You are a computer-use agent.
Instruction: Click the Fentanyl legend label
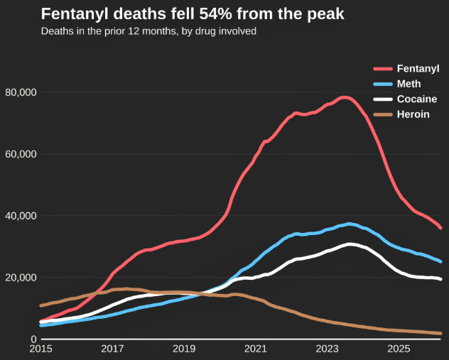coord(418,69)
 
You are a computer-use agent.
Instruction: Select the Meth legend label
coord(409,84)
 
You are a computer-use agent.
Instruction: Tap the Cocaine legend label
coord(417,99)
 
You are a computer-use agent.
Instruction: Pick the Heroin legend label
coord(413,114)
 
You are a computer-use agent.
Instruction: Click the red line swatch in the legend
coord(383,69)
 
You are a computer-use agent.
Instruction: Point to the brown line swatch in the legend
coord(383,114)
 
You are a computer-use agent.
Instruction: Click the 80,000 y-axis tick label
coord(21,92)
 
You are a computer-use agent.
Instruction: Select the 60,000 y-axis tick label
coord(21,154)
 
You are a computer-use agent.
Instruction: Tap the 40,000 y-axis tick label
coord(21,216)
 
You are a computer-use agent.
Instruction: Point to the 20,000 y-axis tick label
coord(21,278)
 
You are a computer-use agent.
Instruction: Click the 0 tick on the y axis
coord(34,339)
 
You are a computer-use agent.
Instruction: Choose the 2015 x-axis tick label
coord(40,349)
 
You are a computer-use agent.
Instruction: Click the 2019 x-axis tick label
coord(184,349)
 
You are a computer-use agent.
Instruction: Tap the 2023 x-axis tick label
coord(327,349)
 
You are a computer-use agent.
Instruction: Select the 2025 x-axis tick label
coord(399,349)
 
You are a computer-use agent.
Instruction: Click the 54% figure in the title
coord(215,13)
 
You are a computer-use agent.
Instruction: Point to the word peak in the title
coord(325,15)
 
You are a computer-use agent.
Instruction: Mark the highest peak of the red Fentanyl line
coord(345,97)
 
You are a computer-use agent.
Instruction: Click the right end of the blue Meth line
coord(440,261)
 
